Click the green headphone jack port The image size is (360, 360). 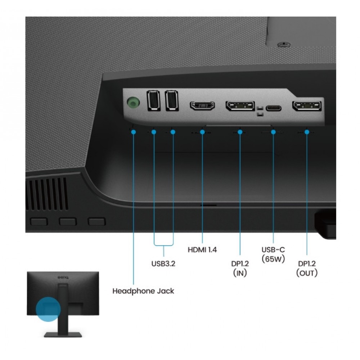pos(133,102)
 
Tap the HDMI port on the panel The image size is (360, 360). pos(202,105)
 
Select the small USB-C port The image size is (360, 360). pos(274,108)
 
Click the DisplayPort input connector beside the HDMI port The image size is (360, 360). pos(240,105)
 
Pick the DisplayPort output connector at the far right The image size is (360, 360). pos(307,106)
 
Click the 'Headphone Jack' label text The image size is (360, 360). pos(143,291)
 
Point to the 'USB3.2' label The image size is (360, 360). pos(163,264)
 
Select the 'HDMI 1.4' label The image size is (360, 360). pos(202,249)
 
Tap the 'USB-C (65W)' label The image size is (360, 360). pos(273,254)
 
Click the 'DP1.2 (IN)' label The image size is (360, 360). pos(240,268)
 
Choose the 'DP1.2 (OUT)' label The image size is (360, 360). pos(307,268)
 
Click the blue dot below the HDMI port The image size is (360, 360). pos(202,132)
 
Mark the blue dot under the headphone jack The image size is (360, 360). pos(134,132)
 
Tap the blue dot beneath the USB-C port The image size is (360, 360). pos(273,132)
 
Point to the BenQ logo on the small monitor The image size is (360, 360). pos(63,277)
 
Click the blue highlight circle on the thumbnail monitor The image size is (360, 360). pos(48,309)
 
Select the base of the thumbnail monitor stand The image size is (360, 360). pos(63,334)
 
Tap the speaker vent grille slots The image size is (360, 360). pos(47,194)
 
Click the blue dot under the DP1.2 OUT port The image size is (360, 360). pos(307,132)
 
